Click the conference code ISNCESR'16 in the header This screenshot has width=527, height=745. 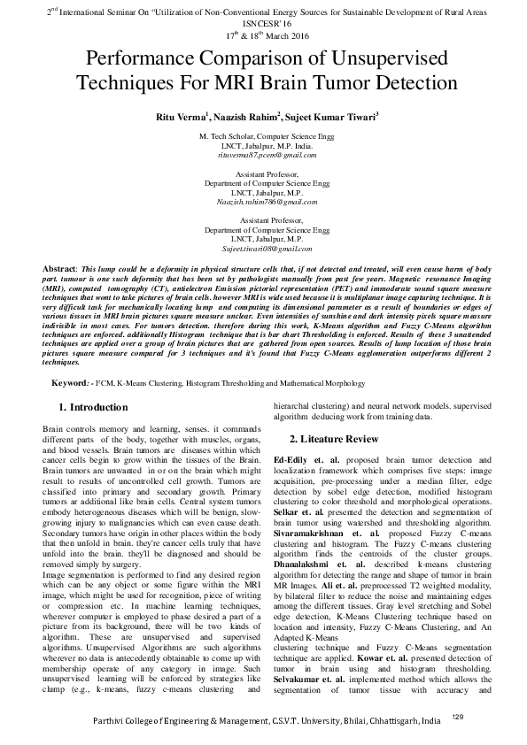(x=263, y=25)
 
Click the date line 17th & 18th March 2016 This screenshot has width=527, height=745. (x=263, y=36)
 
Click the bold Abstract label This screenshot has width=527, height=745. (x=60, y=267)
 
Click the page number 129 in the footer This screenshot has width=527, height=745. (x=483, y=716)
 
